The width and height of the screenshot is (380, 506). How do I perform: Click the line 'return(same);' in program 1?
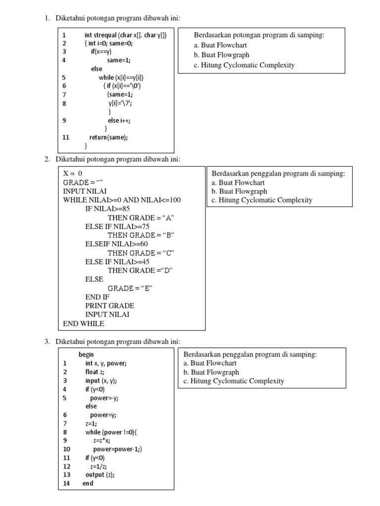click(108, 137)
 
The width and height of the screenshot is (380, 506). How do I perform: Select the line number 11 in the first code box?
click(66, 137)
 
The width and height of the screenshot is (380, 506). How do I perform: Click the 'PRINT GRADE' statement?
click(110, 306)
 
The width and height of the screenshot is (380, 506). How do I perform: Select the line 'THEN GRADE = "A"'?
click(141, 218)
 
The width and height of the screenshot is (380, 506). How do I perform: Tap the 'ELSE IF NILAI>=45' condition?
click(117, 261)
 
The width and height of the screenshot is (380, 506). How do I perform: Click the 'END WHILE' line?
click(84, 324)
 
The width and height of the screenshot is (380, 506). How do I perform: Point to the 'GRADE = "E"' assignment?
click(130, 288)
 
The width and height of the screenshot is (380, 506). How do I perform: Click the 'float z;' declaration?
click(95, 372)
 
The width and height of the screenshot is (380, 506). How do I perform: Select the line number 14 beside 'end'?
click(67, 483)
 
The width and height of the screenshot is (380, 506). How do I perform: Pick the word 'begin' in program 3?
click(86, 354)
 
